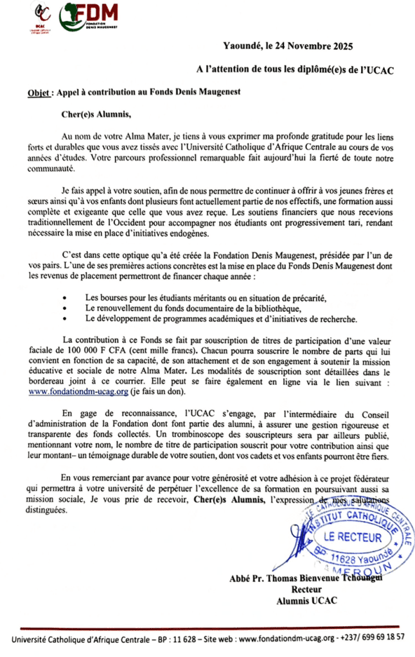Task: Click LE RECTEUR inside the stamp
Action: pyautogui.click(x=352, y=538)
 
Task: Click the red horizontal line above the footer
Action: pyautogui.click(x=207, y=626)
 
